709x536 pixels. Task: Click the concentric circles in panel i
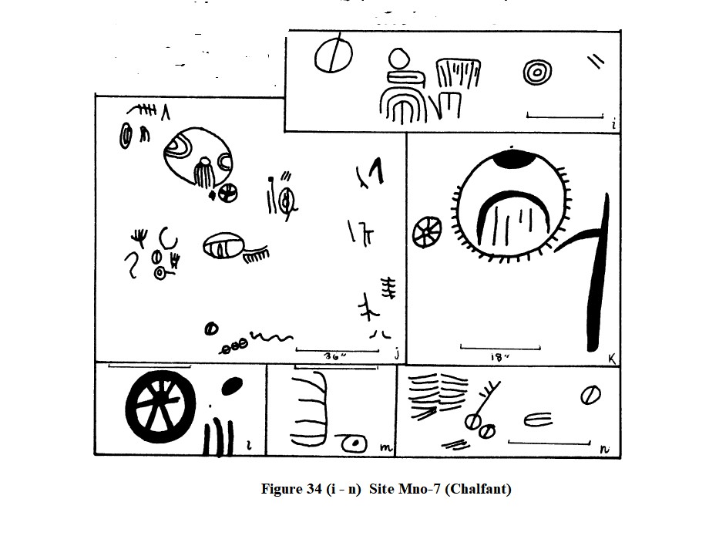537,73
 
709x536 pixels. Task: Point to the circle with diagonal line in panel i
332,55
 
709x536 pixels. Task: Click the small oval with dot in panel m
354,444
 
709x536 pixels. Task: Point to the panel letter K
611,356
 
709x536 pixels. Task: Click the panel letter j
395,355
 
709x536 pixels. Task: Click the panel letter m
385,447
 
